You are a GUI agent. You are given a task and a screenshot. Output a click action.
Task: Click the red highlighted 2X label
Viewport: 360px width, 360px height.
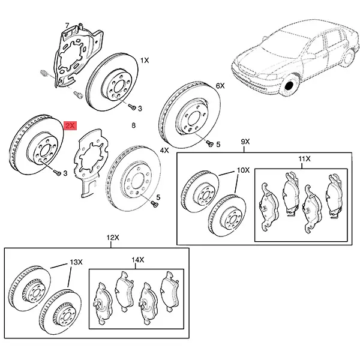tap(71, 125)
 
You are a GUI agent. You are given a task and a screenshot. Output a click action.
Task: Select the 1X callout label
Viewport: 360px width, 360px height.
tap(145, 61)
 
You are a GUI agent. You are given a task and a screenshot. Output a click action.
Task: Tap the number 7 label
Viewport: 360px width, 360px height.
tap(67, 25)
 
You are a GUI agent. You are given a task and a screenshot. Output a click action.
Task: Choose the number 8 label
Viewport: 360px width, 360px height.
tap(134, 125)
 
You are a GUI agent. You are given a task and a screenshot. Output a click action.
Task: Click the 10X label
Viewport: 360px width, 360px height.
tap(243, 170)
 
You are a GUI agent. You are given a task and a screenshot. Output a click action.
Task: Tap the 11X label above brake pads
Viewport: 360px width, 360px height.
tap(304, 158)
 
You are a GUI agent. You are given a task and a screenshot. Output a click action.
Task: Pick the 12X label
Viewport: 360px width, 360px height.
tap(112, 238)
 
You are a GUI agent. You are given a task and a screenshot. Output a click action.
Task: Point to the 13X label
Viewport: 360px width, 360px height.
tap(76, 262)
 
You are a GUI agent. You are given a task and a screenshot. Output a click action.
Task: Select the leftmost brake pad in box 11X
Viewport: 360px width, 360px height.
tap(265, 203)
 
